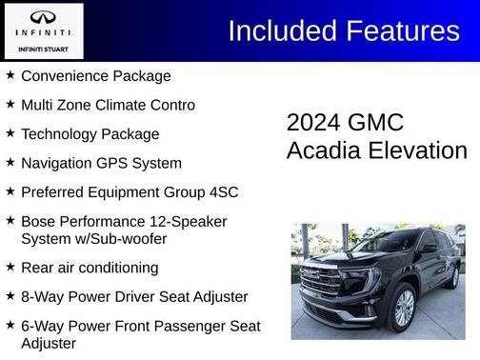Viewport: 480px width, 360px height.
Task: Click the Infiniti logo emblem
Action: [x=44, y=18]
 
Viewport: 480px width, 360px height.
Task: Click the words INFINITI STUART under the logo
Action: [x=44, y=48]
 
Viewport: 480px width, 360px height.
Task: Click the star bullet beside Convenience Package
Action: [x=10, y=75]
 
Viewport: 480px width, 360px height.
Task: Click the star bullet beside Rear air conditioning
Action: [x=10, y=268]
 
